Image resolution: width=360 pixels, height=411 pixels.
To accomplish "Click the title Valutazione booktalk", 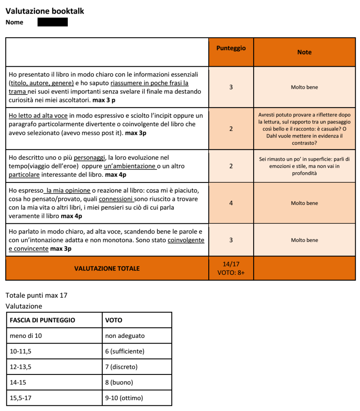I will (x=45, y=11).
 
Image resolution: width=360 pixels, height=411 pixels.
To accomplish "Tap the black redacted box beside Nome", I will (x=53, y=22).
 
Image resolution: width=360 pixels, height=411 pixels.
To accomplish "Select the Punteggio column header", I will (x=231, y=48).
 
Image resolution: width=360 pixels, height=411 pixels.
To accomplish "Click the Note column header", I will (x=304, y=52).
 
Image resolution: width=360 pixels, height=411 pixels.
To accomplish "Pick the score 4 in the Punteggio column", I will (x=231, y=203).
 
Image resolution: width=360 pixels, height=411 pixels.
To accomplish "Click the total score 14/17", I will (x=231, y=264).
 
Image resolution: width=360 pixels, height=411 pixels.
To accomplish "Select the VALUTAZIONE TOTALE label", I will (x=107, y=268).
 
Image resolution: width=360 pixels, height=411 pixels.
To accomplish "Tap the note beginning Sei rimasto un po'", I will (x=304, y=166).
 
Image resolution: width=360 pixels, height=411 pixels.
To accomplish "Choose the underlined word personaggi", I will (x=87, y=158).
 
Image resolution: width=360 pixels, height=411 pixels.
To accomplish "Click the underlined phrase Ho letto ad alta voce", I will (x=38, y=116).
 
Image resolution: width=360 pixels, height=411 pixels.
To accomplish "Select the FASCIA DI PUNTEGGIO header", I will (x=42, y=320).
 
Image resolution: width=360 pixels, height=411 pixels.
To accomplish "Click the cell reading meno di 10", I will (x=26, y=335).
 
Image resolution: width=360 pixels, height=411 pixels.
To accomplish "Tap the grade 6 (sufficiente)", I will (x=124, y=351).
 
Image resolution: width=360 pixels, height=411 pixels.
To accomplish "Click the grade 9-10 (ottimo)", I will (x=124, y=398).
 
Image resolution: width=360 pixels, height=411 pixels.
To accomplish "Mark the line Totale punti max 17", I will (x=37, y=296).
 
